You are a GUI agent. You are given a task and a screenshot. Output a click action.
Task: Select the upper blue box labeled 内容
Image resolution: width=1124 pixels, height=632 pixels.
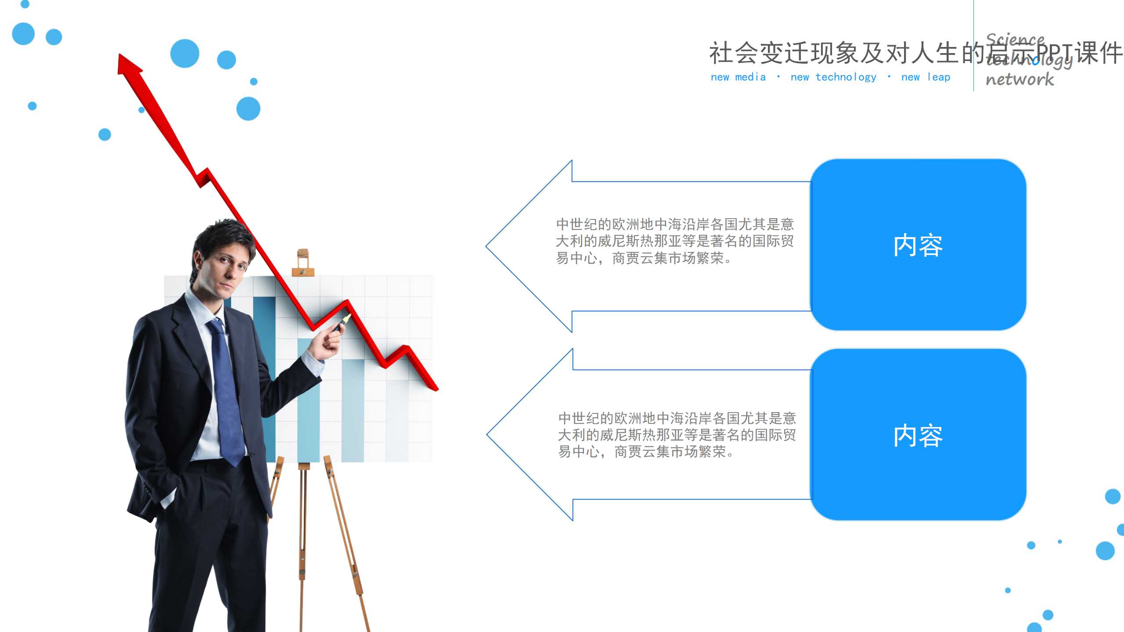pyautogui.click(x=918, y=245)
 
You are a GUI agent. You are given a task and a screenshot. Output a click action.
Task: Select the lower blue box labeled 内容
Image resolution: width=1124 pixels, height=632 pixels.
pyautogui.click(x=918, y=435)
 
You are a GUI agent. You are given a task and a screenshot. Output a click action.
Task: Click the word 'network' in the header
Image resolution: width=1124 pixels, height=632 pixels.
pyautogui.click(x=1020, y=79)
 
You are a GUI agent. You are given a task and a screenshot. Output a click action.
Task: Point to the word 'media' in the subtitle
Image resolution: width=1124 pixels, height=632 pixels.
pyautogui.click(x=750, y=77)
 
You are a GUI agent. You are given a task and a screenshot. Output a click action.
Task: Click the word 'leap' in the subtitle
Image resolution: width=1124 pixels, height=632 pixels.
pyautogui.click(x=939, y=77)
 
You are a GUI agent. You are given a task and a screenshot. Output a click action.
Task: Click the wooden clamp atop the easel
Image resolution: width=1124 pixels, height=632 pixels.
pyautogui.click(x=303, y=262)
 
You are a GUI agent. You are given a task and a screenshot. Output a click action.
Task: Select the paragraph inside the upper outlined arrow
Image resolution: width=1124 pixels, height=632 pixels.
pyautogui.click(x=675, y=241)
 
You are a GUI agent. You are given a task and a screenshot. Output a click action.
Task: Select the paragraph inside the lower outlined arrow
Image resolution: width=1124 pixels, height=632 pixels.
pyautogui.click(x=677, y=434)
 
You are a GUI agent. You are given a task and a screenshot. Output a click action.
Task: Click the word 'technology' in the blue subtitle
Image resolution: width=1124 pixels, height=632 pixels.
pyautogui.click(x=846, y=77)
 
